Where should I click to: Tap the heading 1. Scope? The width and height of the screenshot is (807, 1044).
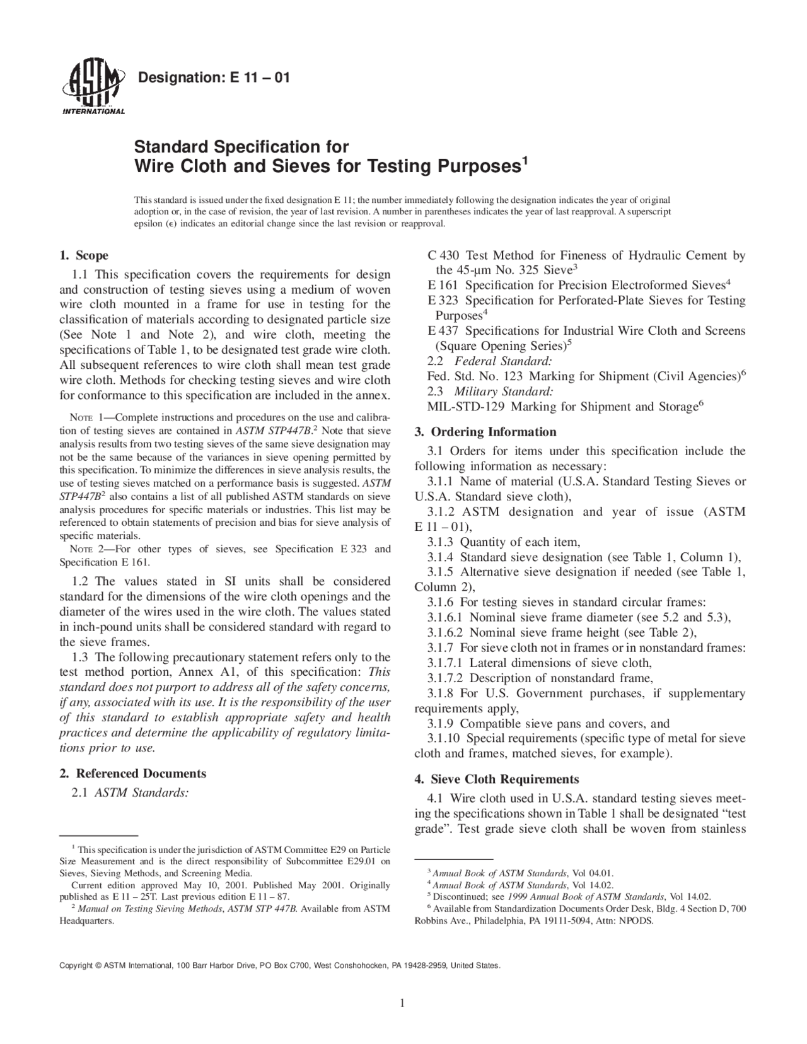tap(83, 256)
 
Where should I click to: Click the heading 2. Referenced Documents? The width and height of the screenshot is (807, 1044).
tap(132, 774)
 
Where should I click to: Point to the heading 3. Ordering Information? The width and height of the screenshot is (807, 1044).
tap(485, 432)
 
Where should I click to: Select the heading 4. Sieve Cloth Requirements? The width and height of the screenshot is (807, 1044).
tap(496, 779)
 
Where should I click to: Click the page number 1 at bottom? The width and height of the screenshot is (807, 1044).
tap(402, 1004)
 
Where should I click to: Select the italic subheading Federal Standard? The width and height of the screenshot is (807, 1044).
tap(503, 361)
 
